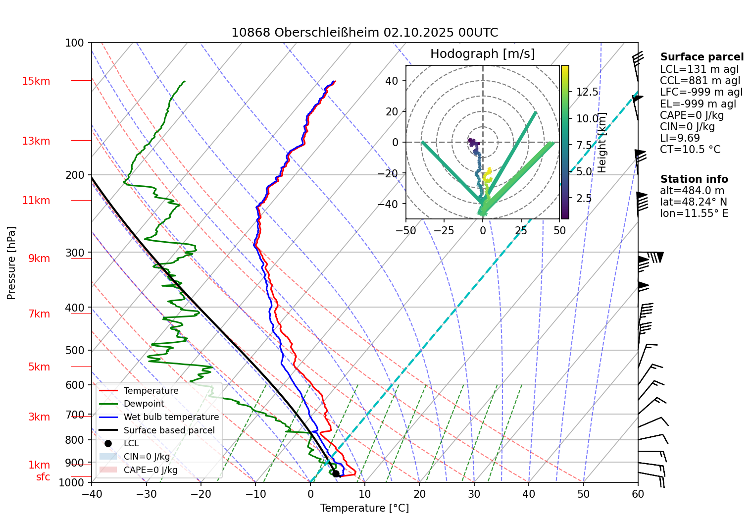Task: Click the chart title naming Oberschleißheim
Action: pos(364,33)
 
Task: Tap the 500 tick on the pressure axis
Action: pos(75,350)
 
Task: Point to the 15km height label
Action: pos(36,81)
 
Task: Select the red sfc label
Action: pos(43,477)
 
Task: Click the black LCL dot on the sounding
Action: pos(336,473)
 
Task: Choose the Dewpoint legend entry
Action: pos(144,404)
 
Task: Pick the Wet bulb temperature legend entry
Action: pos(171,417)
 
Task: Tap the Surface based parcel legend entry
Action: pos(169,430)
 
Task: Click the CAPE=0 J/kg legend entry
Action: pos(150,470)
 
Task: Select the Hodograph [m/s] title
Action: pos(482,53)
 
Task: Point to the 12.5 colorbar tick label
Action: pos(587,92)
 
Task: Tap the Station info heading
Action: pos(694,179)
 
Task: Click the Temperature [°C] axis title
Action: pos(364,508)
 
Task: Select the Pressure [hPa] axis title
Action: pos(11,263)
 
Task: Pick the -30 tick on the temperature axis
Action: pos(146,494)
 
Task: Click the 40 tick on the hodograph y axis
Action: pos(392,81)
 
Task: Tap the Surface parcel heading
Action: pos(701,57)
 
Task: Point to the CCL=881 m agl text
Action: pos(700,81)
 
